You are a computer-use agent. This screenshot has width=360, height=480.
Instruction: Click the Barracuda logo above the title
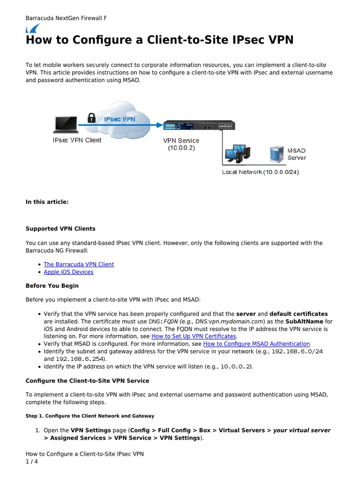(32, 29)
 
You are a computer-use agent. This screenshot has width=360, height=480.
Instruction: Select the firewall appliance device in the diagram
(199, 125)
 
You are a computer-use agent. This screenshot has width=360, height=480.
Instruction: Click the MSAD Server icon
(276, 154)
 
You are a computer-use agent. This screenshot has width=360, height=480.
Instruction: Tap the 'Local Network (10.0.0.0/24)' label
(260, 172)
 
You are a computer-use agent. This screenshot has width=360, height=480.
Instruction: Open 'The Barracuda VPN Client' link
(79, 264)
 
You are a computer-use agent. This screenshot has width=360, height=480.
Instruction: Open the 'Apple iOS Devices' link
(68, 272)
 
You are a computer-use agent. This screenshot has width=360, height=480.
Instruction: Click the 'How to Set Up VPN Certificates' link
(194, 337)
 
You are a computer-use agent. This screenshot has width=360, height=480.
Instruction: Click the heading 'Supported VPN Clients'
(60, 229)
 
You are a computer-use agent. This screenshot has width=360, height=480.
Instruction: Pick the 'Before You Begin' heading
(52, 286)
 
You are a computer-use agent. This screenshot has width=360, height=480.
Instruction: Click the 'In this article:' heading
(47, 202)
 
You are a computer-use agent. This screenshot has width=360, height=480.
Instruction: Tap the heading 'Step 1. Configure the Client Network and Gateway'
(90, 416)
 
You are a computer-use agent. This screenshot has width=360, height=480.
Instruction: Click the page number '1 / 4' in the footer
(32, 462)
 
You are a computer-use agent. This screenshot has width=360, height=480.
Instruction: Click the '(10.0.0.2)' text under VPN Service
(181, 149)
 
